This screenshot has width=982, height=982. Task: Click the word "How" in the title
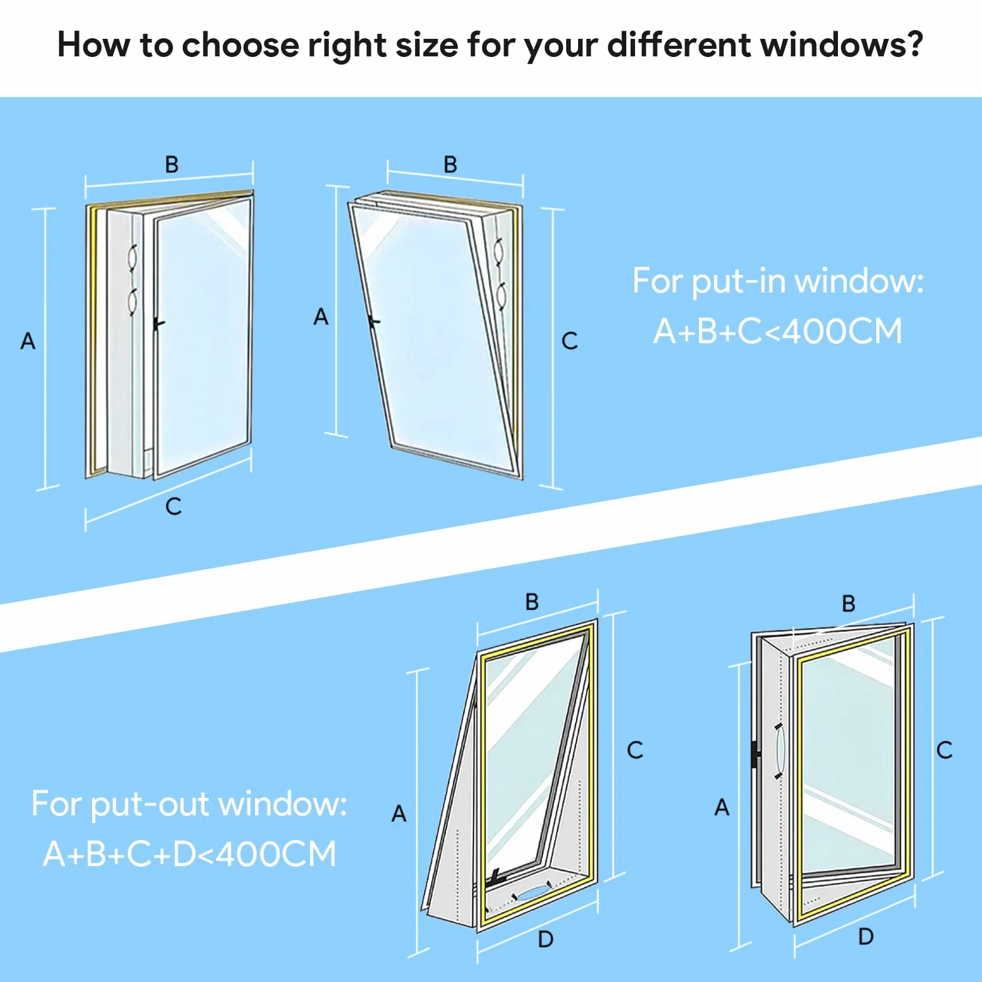point(94,45)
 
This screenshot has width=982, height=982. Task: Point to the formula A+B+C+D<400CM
point(190,854)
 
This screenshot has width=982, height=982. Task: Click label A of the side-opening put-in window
point(28,341)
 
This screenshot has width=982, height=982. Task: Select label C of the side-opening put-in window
point(173,506)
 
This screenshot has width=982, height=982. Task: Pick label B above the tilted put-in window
point(450,165)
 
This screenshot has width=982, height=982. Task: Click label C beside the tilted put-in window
point(570,341)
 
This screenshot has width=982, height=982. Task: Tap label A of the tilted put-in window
point(321,317)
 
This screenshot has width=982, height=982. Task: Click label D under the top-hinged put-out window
point(546,939)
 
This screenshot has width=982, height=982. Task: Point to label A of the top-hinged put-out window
point(399,814)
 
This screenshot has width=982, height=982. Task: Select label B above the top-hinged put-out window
point(532,602)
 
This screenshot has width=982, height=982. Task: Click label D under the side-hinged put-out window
point(866,936)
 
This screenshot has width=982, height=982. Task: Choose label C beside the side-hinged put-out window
point(944,750)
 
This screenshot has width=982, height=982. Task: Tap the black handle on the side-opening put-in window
point(158,324)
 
